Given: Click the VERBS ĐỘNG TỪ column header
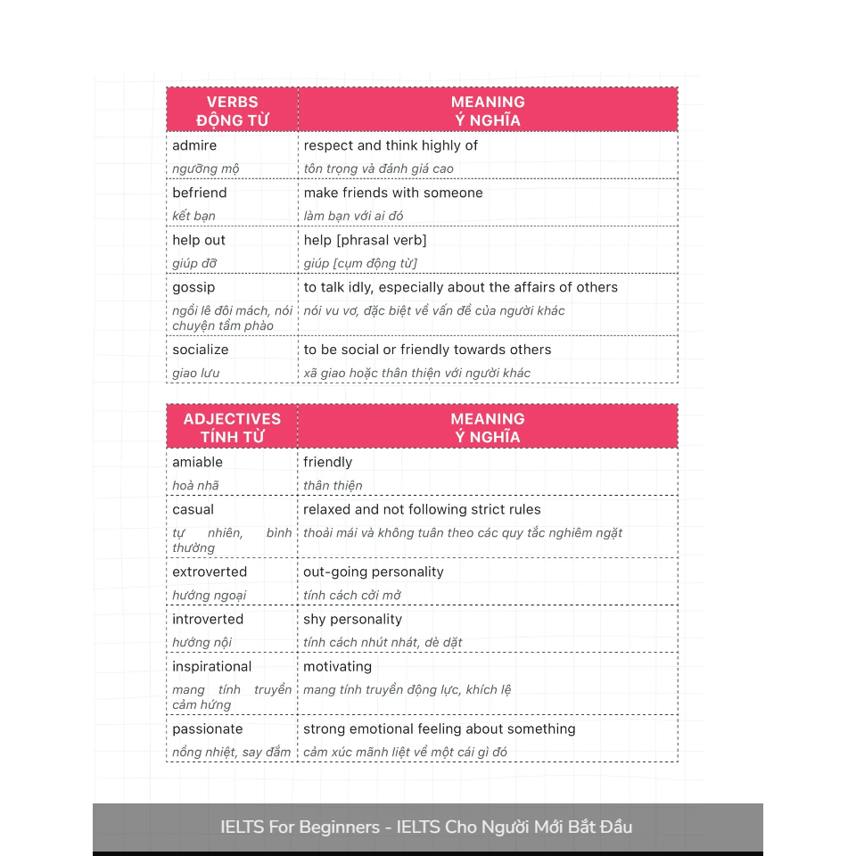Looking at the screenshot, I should pyautogui.click(x=232, y=111).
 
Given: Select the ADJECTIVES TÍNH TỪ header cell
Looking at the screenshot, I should pyautogui.click(x=232, y=427).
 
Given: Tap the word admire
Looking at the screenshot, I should pyautogui.click(x=194, y=145).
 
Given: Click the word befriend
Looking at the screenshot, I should pyautogui.click(x=200, y=193).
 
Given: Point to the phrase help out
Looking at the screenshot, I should pyautogui.click(x=199, y=240).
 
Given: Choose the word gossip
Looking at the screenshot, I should pyautogui.click(x=193, y=287).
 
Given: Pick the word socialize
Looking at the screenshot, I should pyautogui.click(x=201, y=350).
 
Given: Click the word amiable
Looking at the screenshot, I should pyautogui.click(x=198, y=462).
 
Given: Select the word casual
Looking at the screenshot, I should pyautogui.click(x=193, y=509).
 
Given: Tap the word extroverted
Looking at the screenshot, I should pyautogui.click(x=210, y=572).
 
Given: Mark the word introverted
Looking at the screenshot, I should pyautogui.click(x=208, y=619).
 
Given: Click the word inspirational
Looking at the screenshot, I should pyautogui.click(x=212, y=666).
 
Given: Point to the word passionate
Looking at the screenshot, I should pyautogui.click(x=208, y=728).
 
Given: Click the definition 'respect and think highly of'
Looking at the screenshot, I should pyautogui.click(x=391, y=145).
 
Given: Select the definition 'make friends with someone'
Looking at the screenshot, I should pyautogui.click(x=393, y=193).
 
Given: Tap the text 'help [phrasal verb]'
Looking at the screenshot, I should pyautogui.click(x=366, y=240).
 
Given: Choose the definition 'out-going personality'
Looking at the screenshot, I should pyautogui.click(x=374, y=572).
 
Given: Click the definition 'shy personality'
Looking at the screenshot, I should pyautogui.click(x=353, y=619).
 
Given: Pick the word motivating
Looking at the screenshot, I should pyautogui.click(x=338, y=666).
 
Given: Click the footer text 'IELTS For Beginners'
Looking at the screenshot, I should pyautogui.click(x=300, y=827).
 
